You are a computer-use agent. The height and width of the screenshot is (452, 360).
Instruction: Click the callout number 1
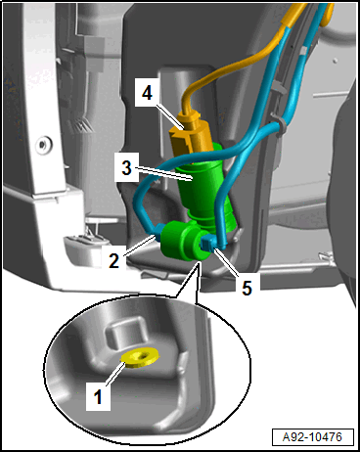(98, 397)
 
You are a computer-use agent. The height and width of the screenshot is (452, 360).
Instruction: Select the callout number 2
(113, 260)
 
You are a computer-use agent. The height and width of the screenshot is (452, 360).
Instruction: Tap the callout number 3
(126, 167)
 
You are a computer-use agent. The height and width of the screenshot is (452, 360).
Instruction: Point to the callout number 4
(147, 93)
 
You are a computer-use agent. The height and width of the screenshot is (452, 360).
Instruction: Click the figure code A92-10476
(312, 436)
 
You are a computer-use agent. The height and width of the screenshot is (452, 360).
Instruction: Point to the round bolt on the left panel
(42, 144)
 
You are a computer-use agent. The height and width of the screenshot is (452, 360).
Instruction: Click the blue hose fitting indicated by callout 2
(158, 232)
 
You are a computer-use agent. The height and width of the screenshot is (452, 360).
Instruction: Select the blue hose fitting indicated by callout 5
(207, 243)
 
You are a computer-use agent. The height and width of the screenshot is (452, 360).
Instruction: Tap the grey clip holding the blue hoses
(278, 125)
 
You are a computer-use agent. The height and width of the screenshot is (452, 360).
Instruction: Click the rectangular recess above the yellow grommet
(125, 334)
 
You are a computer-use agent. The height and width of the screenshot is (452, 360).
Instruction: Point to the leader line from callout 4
(168, 116)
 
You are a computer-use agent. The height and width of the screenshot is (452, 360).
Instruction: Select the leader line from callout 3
(162, 173)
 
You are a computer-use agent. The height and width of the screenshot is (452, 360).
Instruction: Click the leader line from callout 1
(115, 374)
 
